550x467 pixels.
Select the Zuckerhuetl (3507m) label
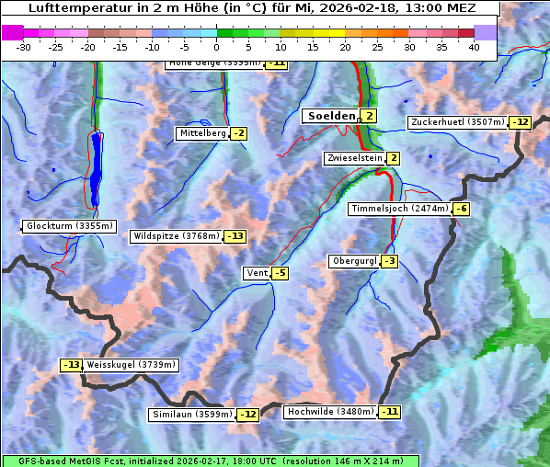(458, 122)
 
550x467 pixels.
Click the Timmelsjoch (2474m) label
(399, 209)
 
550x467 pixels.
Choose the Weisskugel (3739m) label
(131, 365)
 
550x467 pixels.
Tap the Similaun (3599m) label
(191, 415)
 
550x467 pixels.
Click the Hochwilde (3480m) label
(329, 412)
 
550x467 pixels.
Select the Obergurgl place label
(353, 261)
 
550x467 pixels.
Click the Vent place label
(257, 273)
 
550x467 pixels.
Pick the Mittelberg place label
(202, 133)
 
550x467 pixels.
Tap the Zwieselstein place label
(353, 158)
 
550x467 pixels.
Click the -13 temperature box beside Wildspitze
(235, 236)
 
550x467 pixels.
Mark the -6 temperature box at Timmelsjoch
(462, 209)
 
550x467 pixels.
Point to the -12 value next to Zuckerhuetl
(521, 122)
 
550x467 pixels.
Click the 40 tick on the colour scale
(474, 46)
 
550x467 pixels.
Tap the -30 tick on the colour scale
(24, 46)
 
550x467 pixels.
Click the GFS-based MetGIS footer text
(210, 461)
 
